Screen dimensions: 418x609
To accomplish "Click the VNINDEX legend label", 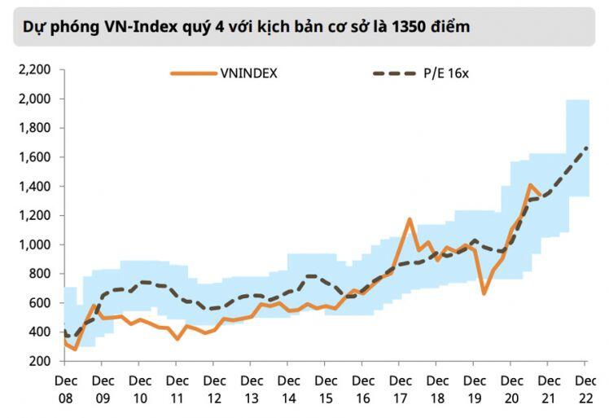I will point(249,73).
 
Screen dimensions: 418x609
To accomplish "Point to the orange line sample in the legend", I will point(193,73).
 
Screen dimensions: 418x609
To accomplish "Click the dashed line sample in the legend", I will point(396,73).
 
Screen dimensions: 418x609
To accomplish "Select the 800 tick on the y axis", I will point(38,274).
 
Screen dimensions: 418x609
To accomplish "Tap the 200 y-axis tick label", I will point(38,361).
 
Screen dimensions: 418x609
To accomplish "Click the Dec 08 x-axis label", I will point(65,389).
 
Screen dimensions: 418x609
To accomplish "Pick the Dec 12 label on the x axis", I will point(214,389).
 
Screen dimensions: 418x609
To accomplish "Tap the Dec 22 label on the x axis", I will point(585,389).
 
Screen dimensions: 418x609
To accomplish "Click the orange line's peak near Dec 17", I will point(410,218).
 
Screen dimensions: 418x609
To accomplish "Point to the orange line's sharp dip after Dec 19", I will point(484,293).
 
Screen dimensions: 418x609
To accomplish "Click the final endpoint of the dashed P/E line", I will point(586,147).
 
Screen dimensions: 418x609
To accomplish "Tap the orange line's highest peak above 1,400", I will point(530,185).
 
